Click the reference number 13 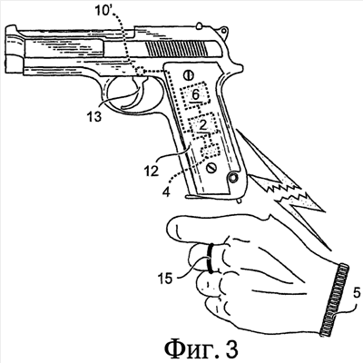click(x=93, y=117)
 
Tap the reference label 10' click(x=103, y=12)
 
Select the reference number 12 click(x=152, y=172)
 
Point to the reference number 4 click(x=165, y=192)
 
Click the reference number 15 click(x=165, y=278)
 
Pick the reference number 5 click(x=357, y=293)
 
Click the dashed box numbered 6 click(x=195, y=95)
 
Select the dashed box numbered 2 click(x=203, y=124)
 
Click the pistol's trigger click(x=135, y=93)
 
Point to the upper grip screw click(x=188, y=74)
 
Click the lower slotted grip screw click(x=211, y=167)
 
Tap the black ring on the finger click(x=211, y=257)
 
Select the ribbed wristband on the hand click(x=333, y=299)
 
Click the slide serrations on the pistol click(x=177, y=49)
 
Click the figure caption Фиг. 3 click(x=201, y=349)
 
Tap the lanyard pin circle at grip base click(x=233, y=178)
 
